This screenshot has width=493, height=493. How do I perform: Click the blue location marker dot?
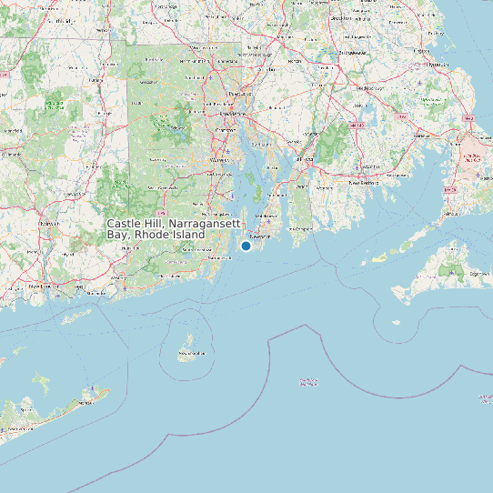tap(246, 246)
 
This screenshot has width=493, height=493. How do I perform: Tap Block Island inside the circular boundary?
tap(191, 351)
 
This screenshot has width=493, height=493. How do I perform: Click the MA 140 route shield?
tap(361, 122)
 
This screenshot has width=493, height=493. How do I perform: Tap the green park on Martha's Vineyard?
tap(451, 270)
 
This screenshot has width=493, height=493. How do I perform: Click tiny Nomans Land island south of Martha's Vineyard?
tap(396, 322)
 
